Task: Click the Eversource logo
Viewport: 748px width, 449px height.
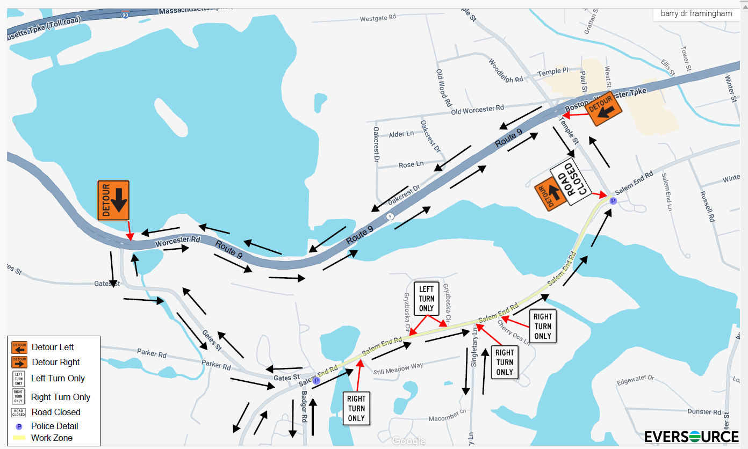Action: point(691,436)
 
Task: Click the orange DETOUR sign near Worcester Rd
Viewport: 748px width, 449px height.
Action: point(113,200)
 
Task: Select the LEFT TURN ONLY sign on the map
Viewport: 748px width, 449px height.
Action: point(426,298)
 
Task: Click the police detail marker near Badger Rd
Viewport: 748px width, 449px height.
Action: point(317,380)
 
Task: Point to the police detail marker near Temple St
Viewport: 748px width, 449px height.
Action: point(613,201)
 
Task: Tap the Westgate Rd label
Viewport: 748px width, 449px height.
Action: point(378,18)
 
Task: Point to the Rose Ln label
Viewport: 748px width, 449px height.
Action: point(411,164)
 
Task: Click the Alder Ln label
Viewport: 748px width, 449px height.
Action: point(401,134)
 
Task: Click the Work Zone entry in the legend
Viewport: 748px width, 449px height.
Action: point(52,438)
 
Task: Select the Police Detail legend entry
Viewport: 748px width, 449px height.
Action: point(54,426)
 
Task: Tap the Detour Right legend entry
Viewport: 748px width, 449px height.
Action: point(55,362)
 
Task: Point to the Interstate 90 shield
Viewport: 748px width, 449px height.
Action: point(125,15)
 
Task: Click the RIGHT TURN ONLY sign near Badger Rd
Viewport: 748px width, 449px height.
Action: point(356,408)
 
